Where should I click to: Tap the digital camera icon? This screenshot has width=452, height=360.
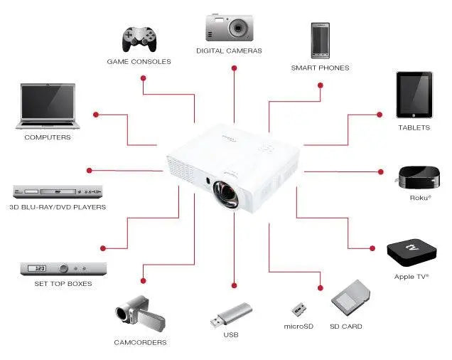(x=229, y=27)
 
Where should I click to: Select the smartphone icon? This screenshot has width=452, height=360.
(x=320, y=41)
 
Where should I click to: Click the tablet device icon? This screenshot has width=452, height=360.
(x=414, y=95)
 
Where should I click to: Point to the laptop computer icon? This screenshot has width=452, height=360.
(x=48, y=106)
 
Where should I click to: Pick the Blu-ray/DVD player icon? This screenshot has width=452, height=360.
(x=58, y=191)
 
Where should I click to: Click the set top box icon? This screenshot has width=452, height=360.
(x=63, y=269)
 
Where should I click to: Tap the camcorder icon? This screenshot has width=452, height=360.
(x=140, y=314)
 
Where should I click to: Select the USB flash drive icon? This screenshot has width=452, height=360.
(x=231, y=314)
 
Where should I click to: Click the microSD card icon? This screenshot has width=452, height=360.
(x=298, y=310)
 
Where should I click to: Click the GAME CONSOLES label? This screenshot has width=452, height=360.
(x=139, y=62)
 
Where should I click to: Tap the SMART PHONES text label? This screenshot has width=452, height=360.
(x=320, y=68)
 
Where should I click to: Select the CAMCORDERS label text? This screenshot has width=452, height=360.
(x=140, y=342)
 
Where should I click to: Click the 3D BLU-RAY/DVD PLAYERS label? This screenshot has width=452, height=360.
(x=58, y=208)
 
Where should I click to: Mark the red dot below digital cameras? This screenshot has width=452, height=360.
(x=233, y=68)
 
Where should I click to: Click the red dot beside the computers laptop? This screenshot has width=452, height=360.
(x=97, y=114)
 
